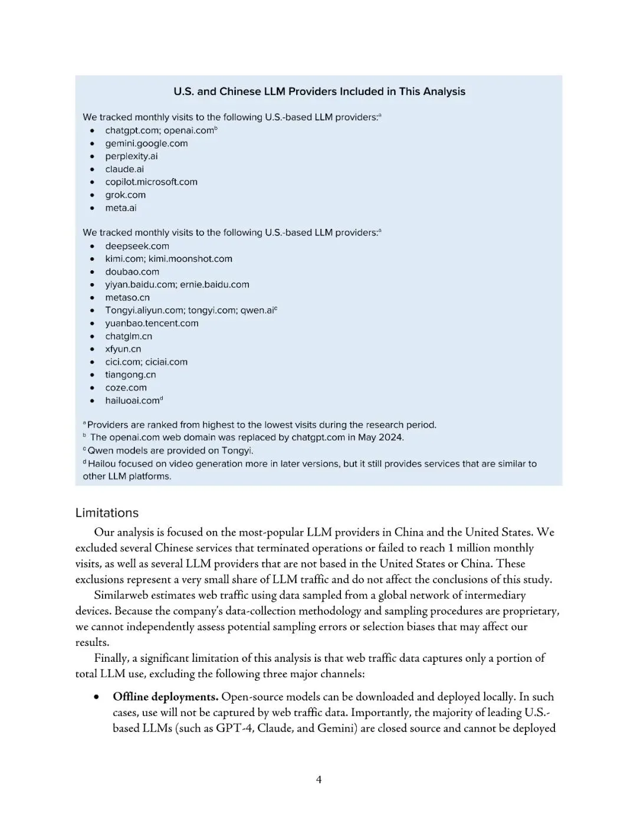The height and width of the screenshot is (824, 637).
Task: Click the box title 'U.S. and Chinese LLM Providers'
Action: (x=319, y=91)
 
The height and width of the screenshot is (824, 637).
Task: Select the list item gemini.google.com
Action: (x=146, y=143)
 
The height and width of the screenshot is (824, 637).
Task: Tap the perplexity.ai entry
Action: (x=131, y=156)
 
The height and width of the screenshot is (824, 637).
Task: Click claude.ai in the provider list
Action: (x=124, y=169)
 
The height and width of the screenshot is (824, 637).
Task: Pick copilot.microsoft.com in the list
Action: (x=151, y=182)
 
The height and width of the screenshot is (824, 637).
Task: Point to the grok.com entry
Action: (x=125, y=195)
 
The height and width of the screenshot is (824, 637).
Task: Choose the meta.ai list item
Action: (x=120, y=208)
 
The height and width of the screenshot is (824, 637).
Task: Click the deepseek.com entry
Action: (x=137, y=247)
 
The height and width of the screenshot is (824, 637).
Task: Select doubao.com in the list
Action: (x=132, y=272)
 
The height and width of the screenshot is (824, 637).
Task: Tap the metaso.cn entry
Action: (x=127, y=298)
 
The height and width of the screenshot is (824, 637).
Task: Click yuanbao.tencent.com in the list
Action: (x=152, y=323)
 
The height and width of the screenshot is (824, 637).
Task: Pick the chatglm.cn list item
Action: (x=129, y=336)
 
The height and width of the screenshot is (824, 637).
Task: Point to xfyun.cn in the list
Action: (x=123, y=349)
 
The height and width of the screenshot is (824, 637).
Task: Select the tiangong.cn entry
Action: (x=130, y=375)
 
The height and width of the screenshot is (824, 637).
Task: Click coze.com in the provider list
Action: (x=126, y=388)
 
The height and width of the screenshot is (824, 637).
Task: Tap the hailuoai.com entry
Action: (x=133, y=401)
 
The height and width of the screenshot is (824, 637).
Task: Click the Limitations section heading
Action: (x=107, y=513)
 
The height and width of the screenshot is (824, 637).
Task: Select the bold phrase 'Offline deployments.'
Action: (x=166, y=697)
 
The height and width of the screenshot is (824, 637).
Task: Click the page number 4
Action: (x=318, y=780)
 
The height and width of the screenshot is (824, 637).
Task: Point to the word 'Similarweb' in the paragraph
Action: (x=122, y=595)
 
